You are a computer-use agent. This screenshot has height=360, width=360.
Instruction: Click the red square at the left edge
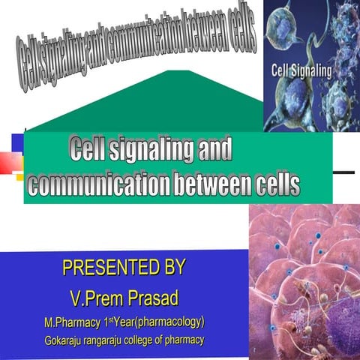pos(8,160)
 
